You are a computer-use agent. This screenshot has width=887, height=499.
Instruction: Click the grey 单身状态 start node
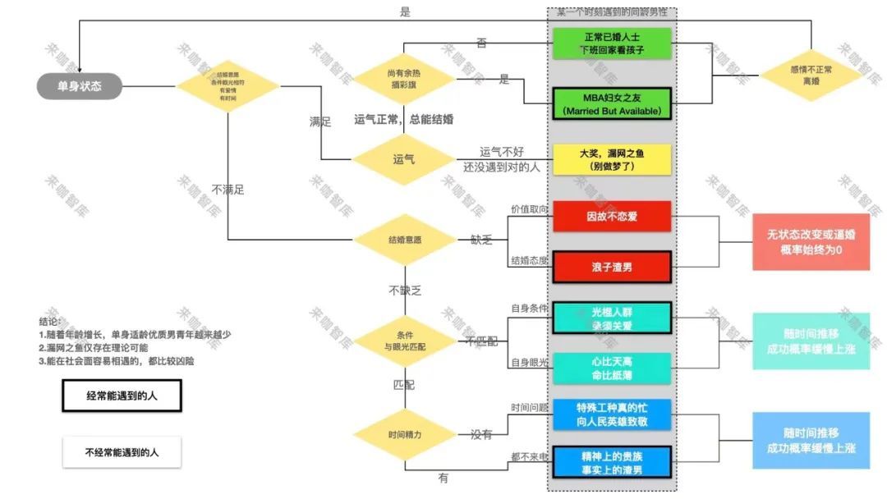pos(80,86)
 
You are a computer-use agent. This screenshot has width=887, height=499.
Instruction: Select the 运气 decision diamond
pos(404,158)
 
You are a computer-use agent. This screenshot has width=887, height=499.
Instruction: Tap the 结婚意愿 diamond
pos(404,240)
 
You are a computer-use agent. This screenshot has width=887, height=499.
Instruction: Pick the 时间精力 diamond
pos(404,434)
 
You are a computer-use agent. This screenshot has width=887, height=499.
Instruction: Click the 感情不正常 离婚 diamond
pos(811,76)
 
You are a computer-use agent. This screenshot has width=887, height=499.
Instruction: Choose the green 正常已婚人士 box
pos(612,43)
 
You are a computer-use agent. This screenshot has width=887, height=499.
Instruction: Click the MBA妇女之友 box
pos(612,104)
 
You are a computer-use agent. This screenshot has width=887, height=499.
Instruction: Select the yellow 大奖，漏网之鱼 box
pos(612,159)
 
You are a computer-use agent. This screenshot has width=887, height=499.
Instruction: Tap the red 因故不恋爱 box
pos(612,217)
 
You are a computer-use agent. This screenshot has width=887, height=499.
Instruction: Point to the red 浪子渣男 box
pos(612,268)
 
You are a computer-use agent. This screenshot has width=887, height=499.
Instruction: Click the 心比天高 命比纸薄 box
pos(612,368)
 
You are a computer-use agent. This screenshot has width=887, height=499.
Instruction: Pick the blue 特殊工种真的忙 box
pos(612,414)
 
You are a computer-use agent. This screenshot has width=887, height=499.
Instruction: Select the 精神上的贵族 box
pos(612,462)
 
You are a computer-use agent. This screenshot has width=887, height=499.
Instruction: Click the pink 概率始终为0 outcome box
pos(811,242)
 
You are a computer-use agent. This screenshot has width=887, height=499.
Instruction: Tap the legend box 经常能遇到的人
pos(122,396)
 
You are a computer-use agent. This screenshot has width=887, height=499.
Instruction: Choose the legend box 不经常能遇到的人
pos(122,451)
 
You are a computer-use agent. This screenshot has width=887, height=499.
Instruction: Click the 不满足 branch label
pos(227,190)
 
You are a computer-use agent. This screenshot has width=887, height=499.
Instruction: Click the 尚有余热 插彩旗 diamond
pos(404,79)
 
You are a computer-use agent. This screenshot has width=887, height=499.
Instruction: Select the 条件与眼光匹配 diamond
pos(404,341)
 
